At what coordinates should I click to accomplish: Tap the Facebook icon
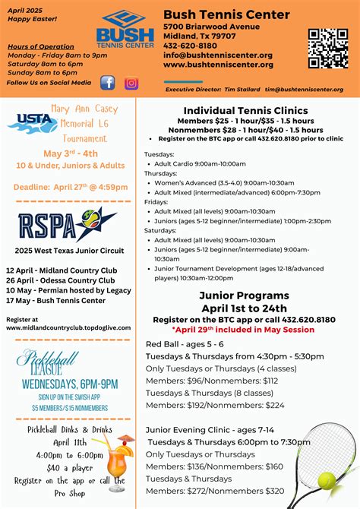(108, 83)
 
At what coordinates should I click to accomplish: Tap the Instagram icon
(131, 83)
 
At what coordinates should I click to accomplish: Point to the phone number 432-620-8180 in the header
(188, 46)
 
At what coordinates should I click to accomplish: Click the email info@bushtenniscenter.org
(218, 55)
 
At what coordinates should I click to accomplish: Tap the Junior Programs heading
(244, 295)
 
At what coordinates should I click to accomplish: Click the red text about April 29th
(244, 330)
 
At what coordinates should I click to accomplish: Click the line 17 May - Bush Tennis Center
(56, 300)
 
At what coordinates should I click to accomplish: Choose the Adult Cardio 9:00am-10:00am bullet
(201, 163)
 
